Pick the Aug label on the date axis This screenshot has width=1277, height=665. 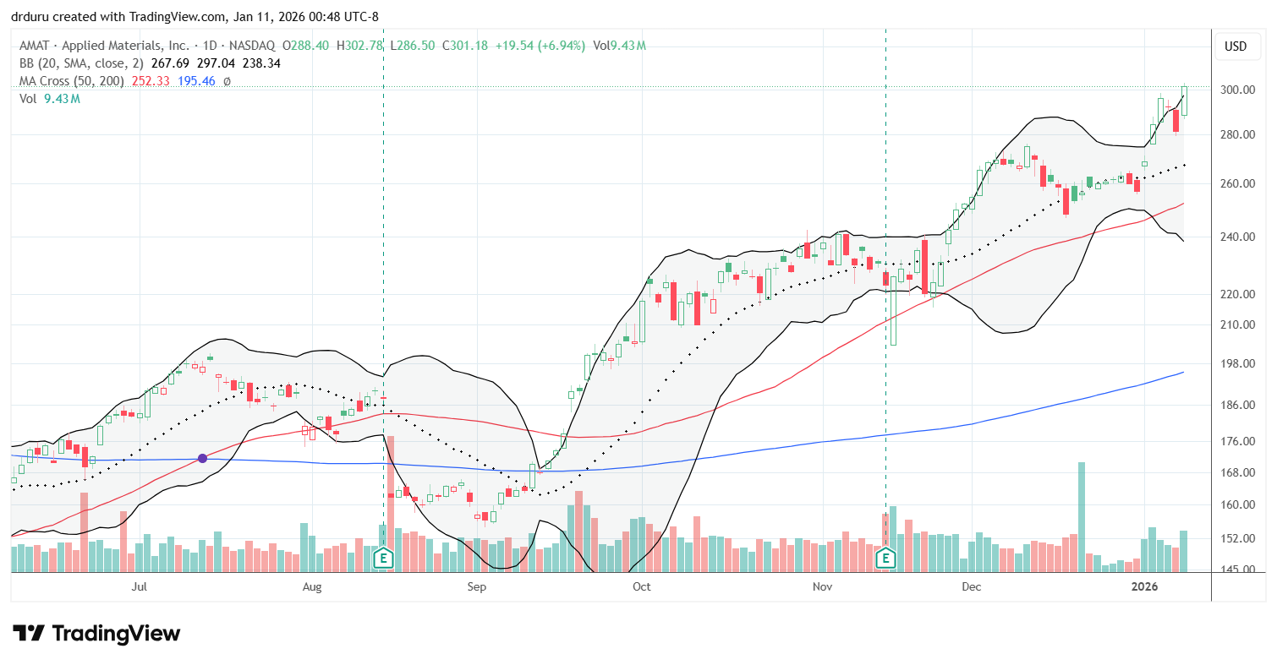click(x=312, y=586)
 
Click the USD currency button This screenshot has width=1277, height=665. click(x=1236, y=46)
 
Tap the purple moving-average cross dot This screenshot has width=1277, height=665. click(x=203, y=458)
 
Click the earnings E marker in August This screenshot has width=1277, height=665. click(x=384, y=558)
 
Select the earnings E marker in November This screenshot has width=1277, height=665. click(x=886, y=558)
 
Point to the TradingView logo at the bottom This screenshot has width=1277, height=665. click(x=96, y=633)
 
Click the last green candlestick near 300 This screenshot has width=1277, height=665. click(x=1184, y=101)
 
